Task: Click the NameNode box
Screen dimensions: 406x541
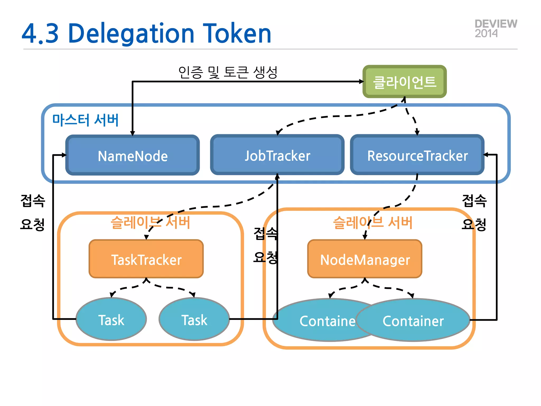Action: click(132, 155)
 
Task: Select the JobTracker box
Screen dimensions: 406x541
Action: click(277, 155)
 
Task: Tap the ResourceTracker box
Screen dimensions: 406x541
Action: click(417, 155)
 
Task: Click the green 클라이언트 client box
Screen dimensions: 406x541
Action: click(404, 82)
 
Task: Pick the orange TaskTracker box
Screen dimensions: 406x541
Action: click(146, 259)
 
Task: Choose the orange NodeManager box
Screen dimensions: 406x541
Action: click(365, 259)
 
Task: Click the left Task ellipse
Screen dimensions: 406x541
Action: click(111, 319)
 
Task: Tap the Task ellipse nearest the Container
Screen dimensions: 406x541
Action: click(194, 319)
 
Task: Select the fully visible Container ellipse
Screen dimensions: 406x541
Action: click(413, 320)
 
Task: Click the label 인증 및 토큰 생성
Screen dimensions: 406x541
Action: click(228, 72)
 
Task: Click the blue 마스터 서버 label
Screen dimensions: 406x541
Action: click(85, 120)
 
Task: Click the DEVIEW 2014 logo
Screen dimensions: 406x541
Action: click(496, 29)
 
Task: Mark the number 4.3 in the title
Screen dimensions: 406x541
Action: click(40, 34)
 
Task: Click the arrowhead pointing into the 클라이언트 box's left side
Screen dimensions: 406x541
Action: click(361, 82)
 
